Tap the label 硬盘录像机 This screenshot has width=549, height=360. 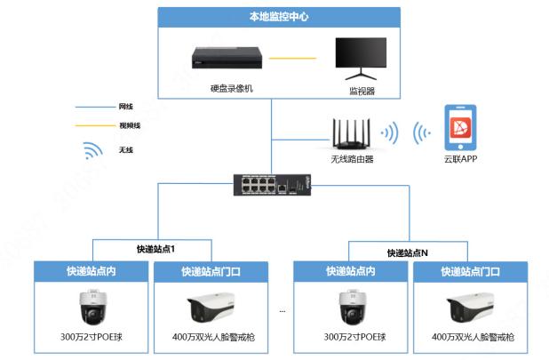[x=232, y=88]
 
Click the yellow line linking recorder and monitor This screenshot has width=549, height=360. [x=294, y=59]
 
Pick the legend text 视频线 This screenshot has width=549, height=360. [x=129, y=125]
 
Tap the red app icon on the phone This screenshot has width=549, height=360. [x=461, y=129]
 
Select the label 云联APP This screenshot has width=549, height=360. [x=461, y=160]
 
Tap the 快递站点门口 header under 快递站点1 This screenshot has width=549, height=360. [x=211, y=271]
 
